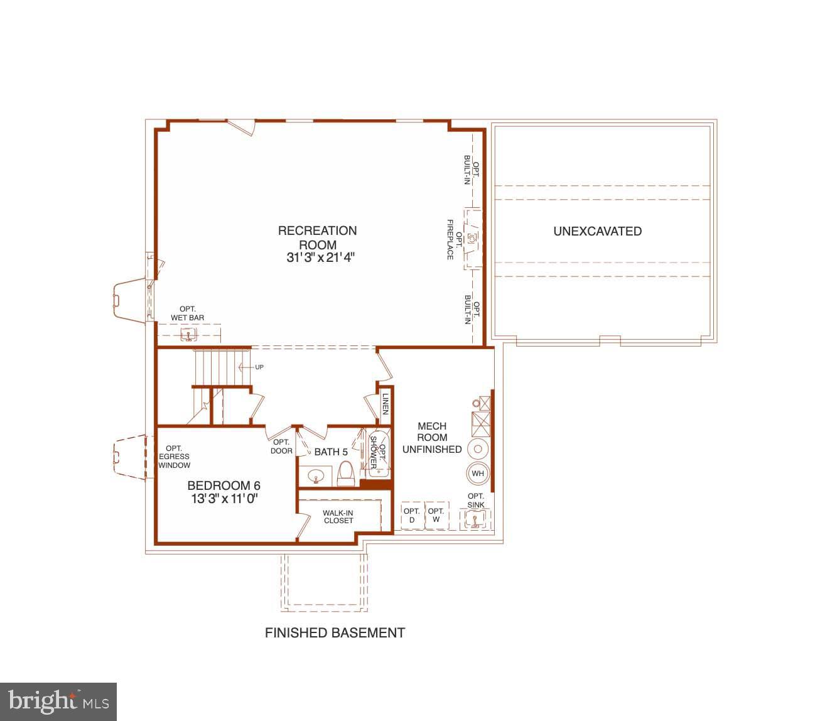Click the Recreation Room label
click(x=317, y=237)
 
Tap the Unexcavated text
click(x=597, y=231)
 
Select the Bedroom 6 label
click(x=224, y=485)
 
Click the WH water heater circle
click(x=478, y=474)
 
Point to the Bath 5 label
click(x=331, y=452)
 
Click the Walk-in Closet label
click(x=338, y=516)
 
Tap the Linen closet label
click(x=386, y=404)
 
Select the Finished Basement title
click(x=335, y=632)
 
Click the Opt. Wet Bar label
click(x=187, y=313)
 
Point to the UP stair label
click(x=259, y=367)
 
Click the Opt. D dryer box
click(x=412, y=516)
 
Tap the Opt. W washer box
click(x=436, y=516)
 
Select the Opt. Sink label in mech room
click(x=475, y=501)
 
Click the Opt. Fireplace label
click(x=454, y=240)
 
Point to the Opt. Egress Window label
click(x=174, y=457)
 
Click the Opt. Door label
click(x=281, y=447)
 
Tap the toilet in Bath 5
click(x=346, y=474)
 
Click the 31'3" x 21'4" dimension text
click(x=320, y=257)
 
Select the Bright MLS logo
click(x=58, y=702)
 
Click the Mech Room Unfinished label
click(x=432, y=438)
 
